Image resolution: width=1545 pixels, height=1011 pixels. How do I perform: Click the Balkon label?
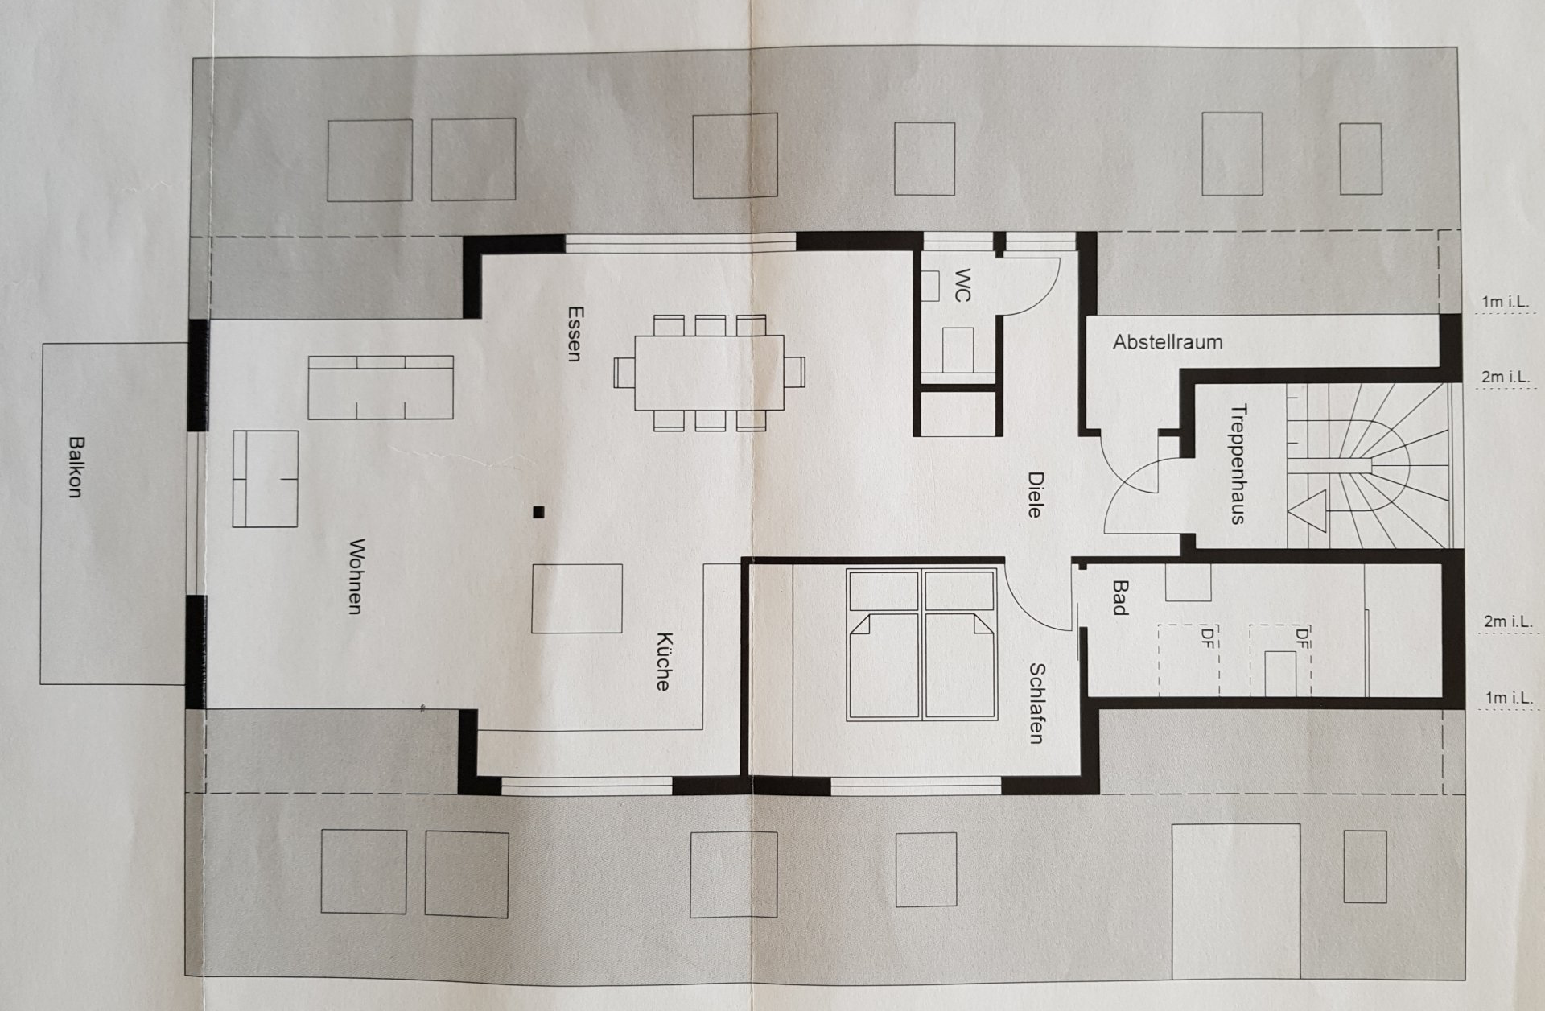pyautogui.click(x=76, y=467)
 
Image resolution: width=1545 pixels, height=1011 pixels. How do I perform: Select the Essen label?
pyautogui.click(x=574, y=333)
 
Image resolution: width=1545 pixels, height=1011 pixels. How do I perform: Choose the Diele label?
pyautogui.click(x=1035, y=493)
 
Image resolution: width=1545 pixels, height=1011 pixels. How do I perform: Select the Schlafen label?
pyautogui.click(x=1037, y=703)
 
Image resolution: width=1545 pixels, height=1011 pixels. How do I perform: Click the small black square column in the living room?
pyautogui.click(x=538, y=510)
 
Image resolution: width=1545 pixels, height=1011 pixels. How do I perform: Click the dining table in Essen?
pyautogui.click(x=709, y=373)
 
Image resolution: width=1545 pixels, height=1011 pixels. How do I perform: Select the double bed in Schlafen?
pyautogui.click(x=922, y=644)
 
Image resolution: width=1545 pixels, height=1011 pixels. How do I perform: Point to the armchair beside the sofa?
pyautogui.click(x=266, y=478)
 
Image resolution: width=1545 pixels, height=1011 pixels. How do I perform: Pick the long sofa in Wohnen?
pyautogui.click(x=380, y=387)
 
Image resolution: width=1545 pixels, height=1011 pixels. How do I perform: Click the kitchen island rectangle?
pyautogui.click(x=577, y=598)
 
